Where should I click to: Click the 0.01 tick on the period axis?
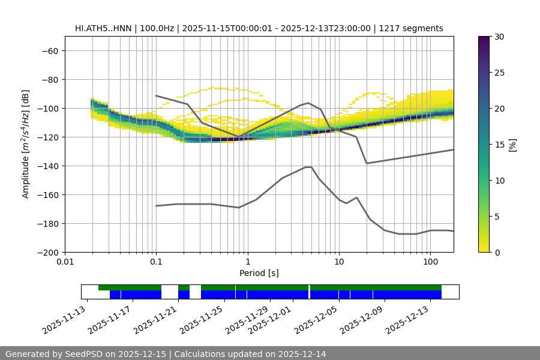pyautogui.click(x=65, y=262)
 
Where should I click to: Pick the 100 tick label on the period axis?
pyautogui.click(x=430, y=262)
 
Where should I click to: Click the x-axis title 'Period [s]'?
pyautogui.click(x=259, y=273)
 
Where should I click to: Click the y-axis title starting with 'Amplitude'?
pyautogui.click(x=26, y=144)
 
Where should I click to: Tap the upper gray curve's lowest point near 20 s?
pyautogui.click(x=367, y=163)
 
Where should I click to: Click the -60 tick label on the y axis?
pyautogui.click(x=49, y=50)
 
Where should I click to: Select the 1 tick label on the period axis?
pyautogui.click(x=247, y=262)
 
